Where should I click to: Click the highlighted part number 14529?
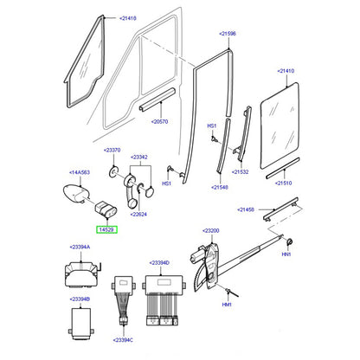pyautogui.click(x=106, y=229)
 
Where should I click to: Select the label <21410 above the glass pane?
pyautogui.click(x=286, y=71)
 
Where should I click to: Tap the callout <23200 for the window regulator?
pyautogui.click(x=211, y=230)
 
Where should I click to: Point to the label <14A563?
pyautogui.click(x=80, y=172)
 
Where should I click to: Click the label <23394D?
pyautogui.click(x=159, y=263)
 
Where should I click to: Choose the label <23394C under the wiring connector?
pyautogui.click(x=123, y=340)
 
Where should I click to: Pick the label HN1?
pyautogui.click(x=286, y=254)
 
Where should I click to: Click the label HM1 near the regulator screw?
pyautogui.click(x=227, y=305)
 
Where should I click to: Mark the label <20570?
pyautogui.click(x=159, y=121)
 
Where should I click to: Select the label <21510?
pyautogui.click(x=283, y=183)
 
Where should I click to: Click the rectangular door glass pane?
pyautogui.click(x=280, y=125)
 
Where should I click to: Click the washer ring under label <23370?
pyautogui.click(x=112, y=171)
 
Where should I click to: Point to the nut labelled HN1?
pyautogui.click(x=289, y=242)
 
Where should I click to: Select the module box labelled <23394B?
pyautogui.click(x=81, y=324)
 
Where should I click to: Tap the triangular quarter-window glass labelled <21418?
pyautogui.click(x=84, y=61)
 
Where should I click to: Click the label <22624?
pyautogui.click(x=138, y=214)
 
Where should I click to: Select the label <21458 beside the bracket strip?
pyautogui.click(x=246, y=209)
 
